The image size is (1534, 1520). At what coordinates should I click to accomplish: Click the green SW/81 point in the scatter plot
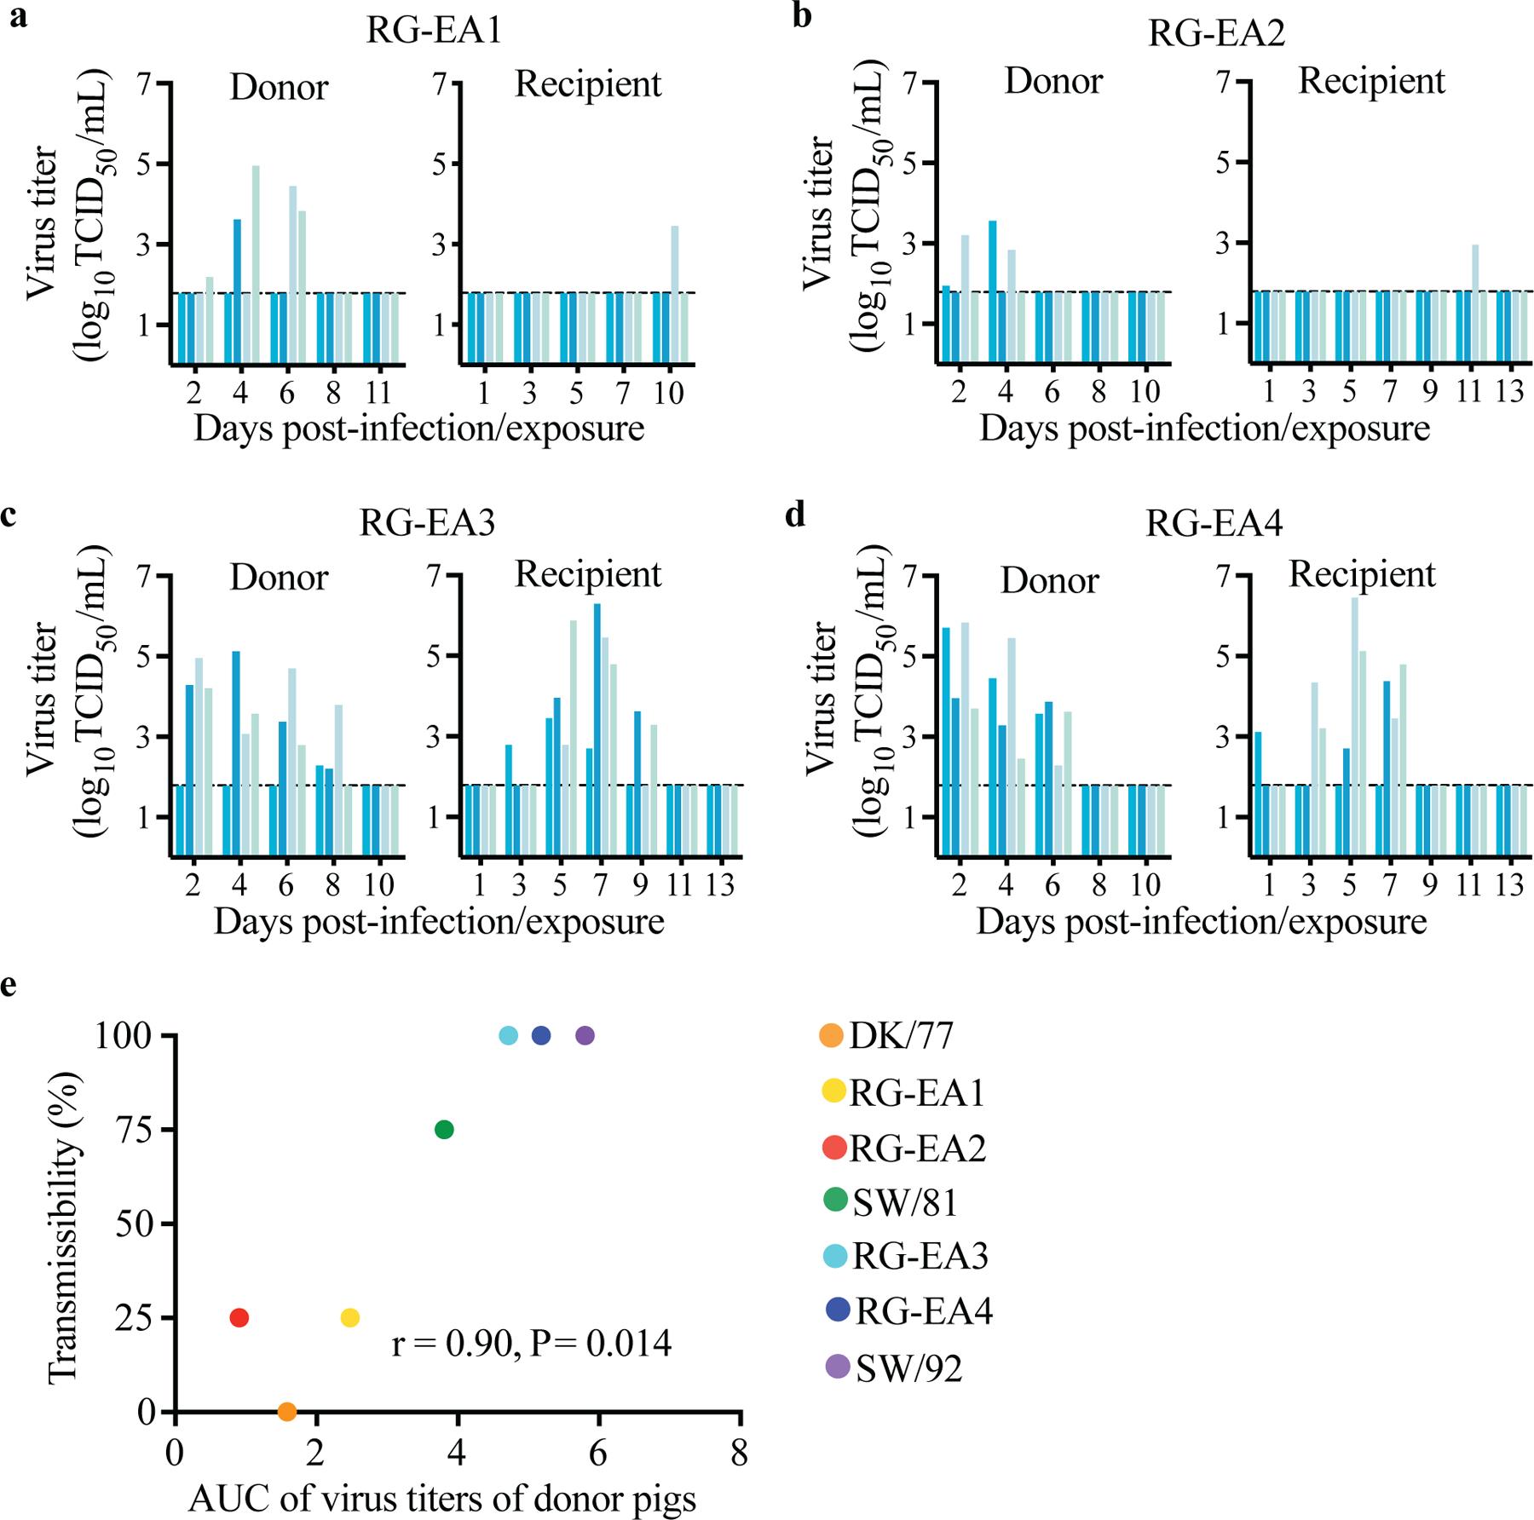(x=444, y=1130)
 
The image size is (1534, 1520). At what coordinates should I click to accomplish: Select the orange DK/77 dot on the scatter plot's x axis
(x=287, y=1412)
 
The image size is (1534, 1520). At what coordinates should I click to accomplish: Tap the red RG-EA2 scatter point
(x=239, y=1318)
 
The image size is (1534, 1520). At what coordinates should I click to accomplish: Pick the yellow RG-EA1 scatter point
(x=349, y=1318)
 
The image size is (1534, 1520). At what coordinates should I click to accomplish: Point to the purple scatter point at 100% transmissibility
(x=585, y=1036)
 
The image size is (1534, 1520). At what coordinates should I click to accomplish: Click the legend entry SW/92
(x=908, y=1368)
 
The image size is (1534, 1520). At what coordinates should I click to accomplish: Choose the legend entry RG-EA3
(x=920, y=1257)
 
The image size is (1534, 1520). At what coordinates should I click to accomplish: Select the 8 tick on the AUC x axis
(x=739, y=1452)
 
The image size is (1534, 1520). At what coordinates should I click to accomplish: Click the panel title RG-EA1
(x=433, y=32)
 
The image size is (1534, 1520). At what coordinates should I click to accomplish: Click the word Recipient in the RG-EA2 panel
(x=1371, y=82)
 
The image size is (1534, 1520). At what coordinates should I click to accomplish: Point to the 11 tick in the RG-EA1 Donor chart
(x=378, y=393)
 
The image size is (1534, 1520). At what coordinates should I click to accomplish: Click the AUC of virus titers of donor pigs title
(x=442, y=1499)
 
